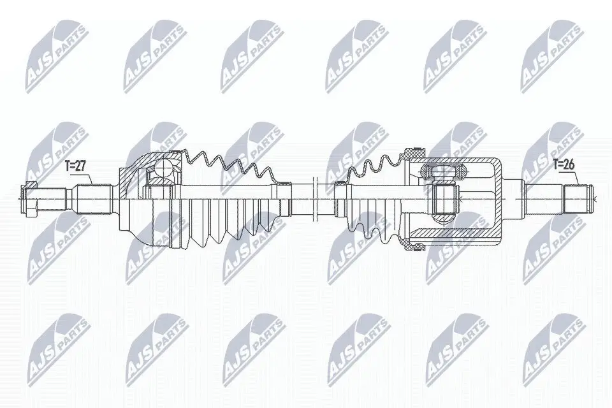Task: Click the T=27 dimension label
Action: coord(75,166)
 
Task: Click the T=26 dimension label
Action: coord(564,164)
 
